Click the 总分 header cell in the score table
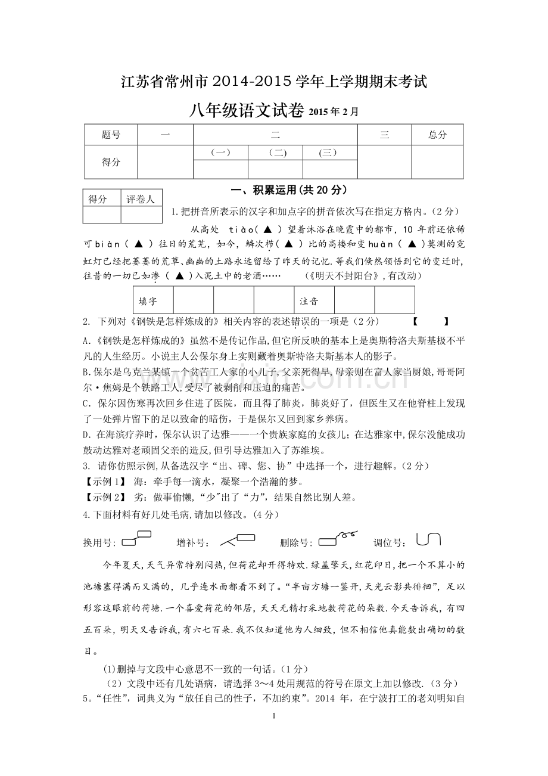437,135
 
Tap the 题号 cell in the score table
111,135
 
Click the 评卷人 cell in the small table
141,199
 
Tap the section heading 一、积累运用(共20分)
288,191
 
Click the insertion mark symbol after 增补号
238,540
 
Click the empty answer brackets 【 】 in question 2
430,322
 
